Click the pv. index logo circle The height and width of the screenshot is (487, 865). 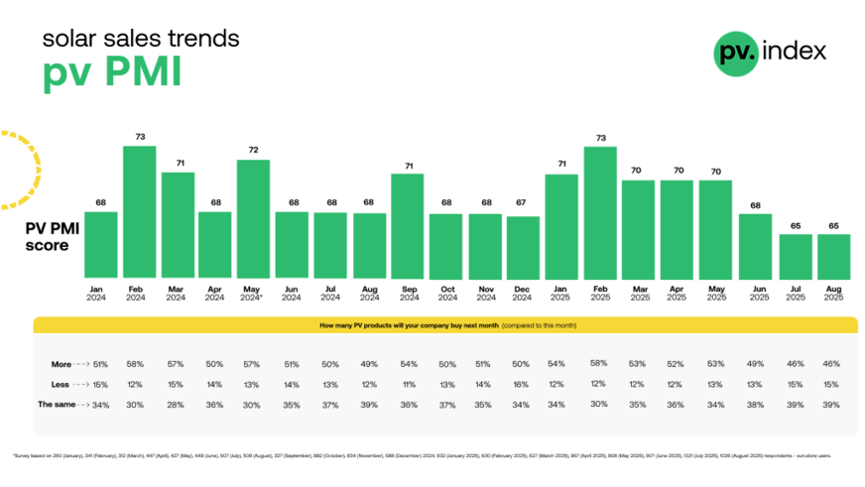[736, 52]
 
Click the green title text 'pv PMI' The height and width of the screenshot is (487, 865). [111, 74]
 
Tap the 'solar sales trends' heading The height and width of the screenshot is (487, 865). [140, 39]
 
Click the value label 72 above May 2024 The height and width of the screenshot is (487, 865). [253, 150]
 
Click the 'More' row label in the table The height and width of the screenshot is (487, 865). [62, 364]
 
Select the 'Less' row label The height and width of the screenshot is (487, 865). [62, 384]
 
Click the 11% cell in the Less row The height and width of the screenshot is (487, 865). [408, 384]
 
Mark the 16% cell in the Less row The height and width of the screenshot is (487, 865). [523, 384]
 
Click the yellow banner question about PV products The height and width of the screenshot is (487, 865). [445, 325]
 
